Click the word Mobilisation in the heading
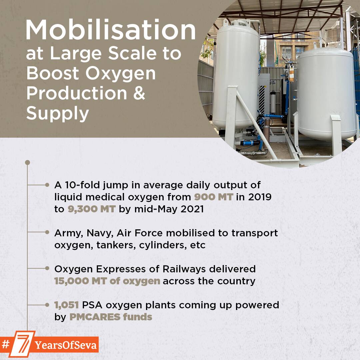(x=110, y=30)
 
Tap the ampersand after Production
(x=139, y=93)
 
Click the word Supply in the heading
(x=57, y=114)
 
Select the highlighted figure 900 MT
(x=214, y=197)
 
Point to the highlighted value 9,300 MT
(x=91, y=209)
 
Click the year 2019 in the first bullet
(x=260, y=197)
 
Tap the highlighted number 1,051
(x=67, y=305)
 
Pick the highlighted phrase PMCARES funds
(x=111, y=317)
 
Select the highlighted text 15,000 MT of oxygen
(x=107, y=281)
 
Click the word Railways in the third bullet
(x=184, y=269)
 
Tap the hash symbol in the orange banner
(x=6, y=344)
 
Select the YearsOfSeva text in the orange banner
(x=66, y=345)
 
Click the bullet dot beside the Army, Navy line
(x=47, y=232)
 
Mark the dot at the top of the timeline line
(x=27, y=163)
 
